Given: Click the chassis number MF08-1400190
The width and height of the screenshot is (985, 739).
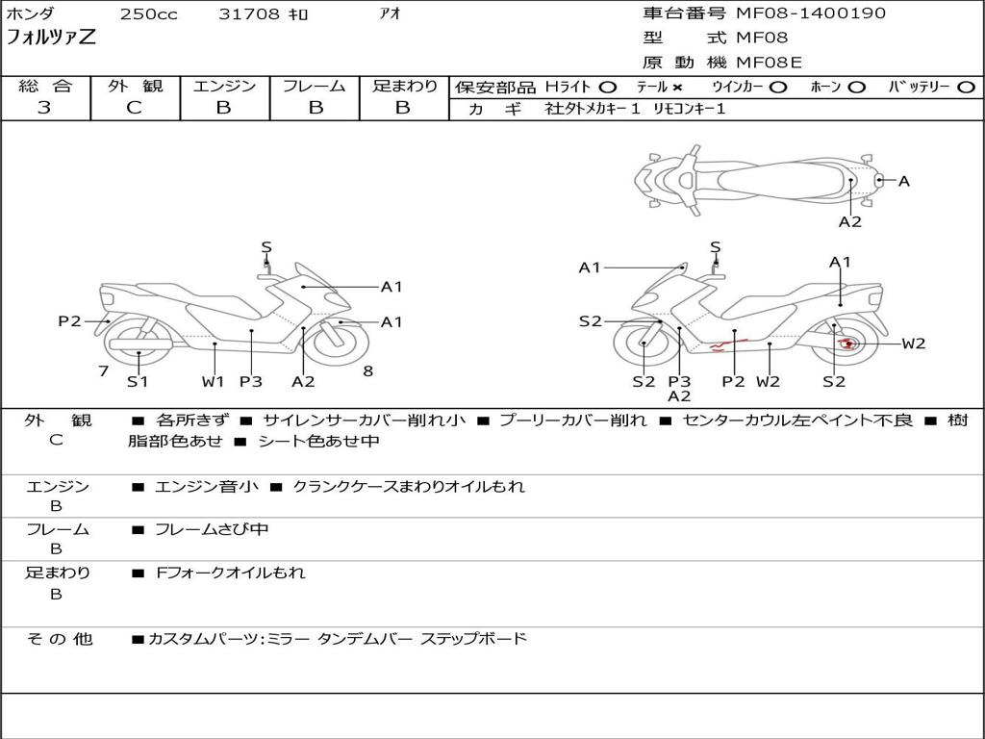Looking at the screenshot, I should click(x=811, y=13).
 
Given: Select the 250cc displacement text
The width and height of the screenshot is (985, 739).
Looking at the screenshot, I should click(x=148, y=14).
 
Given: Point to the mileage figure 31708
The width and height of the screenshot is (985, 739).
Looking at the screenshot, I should click(x=249, y=14).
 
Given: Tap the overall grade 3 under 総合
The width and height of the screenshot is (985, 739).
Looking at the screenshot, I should click(x=44, y=108).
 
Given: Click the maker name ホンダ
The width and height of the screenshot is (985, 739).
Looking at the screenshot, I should click(x=31, y=14).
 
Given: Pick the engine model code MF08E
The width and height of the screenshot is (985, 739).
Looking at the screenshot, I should click(x=769, y=63).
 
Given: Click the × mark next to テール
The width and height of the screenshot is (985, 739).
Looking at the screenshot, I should click(x=677, y=87).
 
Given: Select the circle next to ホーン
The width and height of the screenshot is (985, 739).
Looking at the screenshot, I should click(x=857, y=87).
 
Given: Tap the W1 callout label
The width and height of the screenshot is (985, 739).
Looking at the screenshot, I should click(x=213, y=381).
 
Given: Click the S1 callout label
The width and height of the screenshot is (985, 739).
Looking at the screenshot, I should click(x=139, y=381).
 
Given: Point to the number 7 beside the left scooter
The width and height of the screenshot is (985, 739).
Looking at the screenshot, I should click(x=103, y=371).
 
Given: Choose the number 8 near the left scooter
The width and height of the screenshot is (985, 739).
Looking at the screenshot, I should click(x=367, y=371).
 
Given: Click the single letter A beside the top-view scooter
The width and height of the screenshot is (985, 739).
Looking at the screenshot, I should click(x=904, y=180).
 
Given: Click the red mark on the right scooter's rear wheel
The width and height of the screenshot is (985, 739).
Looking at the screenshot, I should click(x=846, y=344).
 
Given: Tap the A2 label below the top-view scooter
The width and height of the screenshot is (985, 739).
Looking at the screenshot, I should click(x=849, y=221).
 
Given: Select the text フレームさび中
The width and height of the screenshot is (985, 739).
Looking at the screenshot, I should click(x=212, y=529).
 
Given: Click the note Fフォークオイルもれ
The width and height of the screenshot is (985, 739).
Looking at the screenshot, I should click(x=231, y=573).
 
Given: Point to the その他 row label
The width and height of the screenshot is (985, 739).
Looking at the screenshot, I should click(x=59, y=639).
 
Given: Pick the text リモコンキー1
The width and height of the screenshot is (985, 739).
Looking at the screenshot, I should click(x=690, y=109).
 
